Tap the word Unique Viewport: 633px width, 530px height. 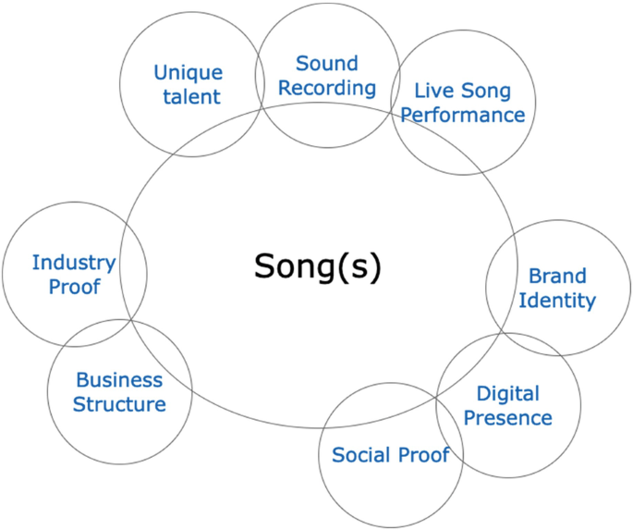coord(189,72)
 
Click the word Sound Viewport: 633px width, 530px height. coord(326,64)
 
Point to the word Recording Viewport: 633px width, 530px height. coord(327,88)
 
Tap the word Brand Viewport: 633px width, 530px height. coord(557,276)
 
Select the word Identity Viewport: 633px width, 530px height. coord(557,300)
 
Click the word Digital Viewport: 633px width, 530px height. coord(508,394)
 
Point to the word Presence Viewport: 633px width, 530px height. coord(507,418)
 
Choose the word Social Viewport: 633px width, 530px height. coord(362,454)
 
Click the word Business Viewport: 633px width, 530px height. coord(119,380)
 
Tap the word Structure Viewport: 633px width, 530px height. coord(119,404)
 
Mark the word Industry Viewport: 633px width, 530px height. coord(74,262)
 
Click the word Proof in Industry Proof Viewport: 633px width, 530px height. coord(74,286)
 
